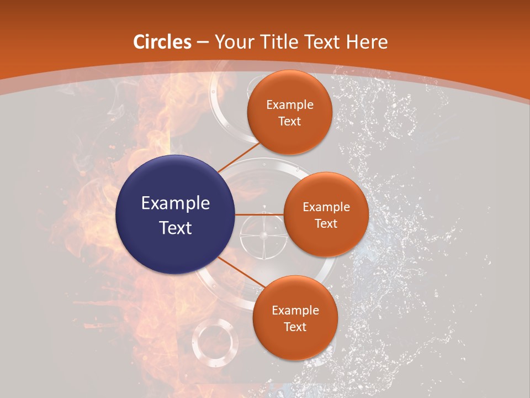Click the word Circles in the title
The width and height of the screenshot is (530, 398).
(x=162, y=41)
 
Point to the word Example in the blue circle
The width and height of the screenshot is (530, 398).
(x=176, y=203)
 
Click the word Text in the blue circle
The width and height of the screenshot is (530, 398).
(x=176, y=227)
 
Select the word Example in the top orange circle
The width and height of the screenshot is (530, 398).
(x=290, y=105)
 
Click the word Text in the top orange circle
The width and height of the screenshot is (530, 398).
(x=290, y=121)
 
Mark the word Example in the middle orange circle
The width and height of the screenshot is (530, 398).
(x=326, y=207)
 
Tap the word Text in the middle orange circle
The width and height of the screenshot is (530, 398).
(x=326, y=223)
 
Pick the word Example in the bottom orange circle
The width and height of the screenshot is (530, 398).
(x=295, y=310)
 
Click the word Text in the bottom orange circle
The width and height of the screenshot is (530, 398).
(x=295, y=327)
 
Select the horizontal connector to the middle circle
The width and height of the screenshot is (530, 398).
(x=259, y=214)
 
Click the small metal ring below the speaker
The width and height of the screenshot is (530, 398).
(x=215, y=338)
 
